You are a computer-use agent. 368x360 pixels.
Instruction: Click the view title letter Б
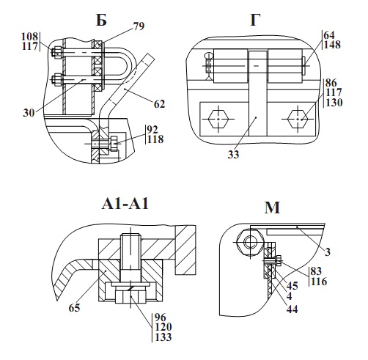[x=101, y=20]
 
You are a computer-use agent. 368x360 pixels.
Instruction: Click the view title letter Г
[x=255, y=20]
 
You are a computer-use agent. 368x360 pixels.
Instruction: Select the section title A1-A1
[x=125, y=204]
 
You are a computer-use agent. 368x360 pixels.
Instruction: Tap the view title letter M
[x=272, y=208]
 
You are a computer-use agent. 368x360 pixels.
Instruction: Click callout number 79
[x=139, y=26]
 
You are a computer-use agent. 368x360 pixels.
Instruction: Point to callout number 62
[x=159, y=104]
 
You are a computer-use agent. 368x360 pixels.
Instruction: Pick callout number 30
[x=29, y=113]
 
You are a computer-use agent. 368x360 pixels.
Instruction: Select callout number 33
[x=233, y=155]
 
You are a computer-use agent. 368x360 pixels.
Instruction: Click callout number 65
[x=74, y=308]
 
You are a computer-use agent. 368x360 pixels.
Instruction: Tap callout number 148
[x=332, y=45]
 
